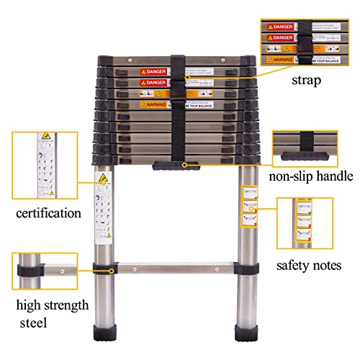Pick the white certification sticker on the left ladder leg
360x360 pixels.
pyautogui.click(x=105, y=209)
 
